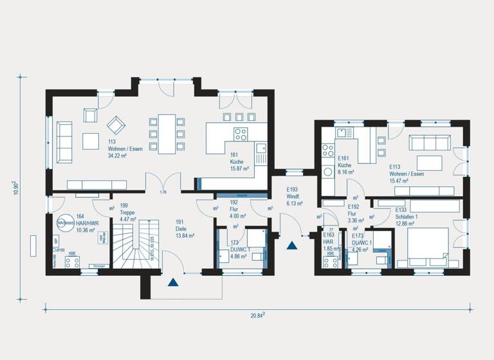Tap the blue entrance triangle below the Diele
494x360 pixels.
[x=172, y=281]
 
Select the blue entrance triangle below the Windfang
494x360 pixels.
[x=293, y=244]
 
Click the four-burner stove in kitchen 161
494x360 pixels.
[x=241, y=135]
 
